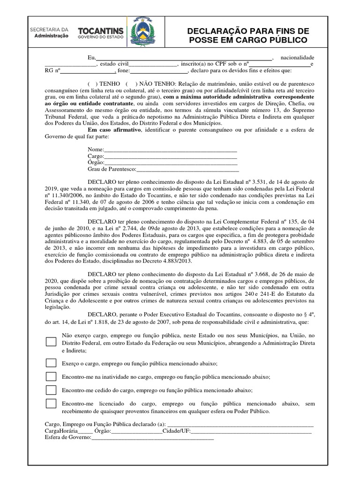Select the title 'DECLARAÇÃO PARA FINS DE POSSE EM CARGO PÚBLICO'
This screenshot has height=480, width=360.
click(248, 35)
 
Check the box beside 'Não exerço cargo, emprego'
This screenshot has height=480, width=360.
click(51, 342)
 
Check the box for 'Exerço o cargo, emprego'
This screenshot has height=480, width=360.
click(51, 363)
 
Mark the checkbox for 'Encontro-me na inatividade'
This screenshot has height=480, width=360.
click(51, 376)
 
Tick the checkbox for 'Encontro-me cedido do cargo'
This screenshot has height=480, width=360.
click(51, 390)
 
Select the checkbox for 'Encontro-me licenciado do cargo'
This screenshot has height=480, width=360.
click(51, 404)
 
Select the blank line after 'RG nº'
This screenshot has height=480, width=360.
click(88, 72)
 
